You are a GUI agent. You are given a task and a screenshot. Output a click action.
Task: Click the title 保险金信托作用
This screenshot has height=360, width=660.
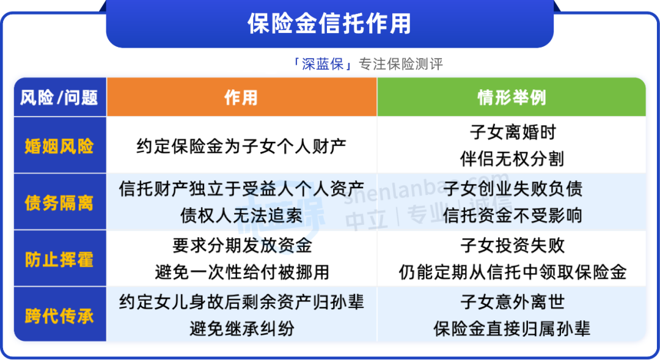329,23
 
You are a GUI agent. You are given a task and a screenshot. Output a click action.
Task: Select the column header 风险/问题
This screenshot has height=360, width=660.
59,98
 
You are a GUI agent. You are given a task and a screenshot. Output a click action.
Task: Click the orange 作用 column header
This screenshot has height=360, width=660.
241,98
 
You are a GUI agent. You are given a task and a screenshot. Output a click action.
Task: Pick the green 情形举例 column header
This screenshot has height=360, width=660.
512,98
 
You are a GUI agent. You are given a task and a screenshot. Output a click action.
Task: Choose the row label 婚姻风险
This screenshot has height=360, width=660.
59,146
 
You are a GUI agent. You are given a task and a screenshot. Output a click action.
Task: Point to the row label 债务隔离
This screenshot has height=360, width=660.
59,203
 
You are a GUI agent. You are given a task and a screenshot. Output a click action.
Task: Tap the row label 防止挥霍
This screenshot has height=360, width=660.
59,259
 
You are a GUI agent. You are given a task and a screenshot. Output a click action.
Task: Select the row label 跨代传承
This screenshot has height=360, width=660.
59,316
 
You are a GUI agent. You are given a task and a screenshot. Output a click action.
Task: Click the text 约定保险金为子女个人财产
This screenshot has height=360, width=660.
241,147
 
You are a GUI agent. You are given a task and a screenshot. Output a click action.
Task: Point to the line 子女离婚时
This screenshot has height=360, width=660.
513,132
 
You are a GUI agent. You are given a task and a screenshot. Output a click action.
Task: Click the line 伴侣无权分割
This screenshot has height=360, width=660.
512,159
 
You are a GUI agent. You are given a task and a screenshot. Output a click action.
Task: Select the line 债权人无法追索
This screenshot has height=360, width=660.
241,216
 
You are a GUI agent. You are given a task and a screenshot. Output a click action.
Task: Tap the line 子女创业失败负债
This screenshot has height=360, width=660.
513,189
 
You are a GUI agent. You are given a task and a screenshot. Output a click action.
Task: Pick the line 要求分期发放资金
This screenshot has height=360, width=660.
242,246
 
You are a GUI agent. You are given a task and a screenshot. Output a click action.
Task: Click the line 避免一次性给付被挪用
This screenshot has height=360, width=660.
242,273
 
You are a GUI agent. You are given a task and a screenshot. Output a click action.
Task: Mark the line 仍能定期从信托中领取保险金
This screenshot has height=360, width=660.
513,273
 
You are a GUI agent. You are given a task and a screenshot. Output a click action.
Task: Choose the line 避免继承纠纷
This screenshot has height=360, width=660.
242,329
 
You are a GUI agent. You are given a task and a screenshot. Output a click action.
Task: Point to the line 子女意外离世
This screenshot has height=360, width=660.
513,302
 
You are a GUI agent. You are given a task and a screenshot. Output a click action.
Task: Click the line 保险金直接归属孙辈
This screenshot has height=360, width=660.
512,329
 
